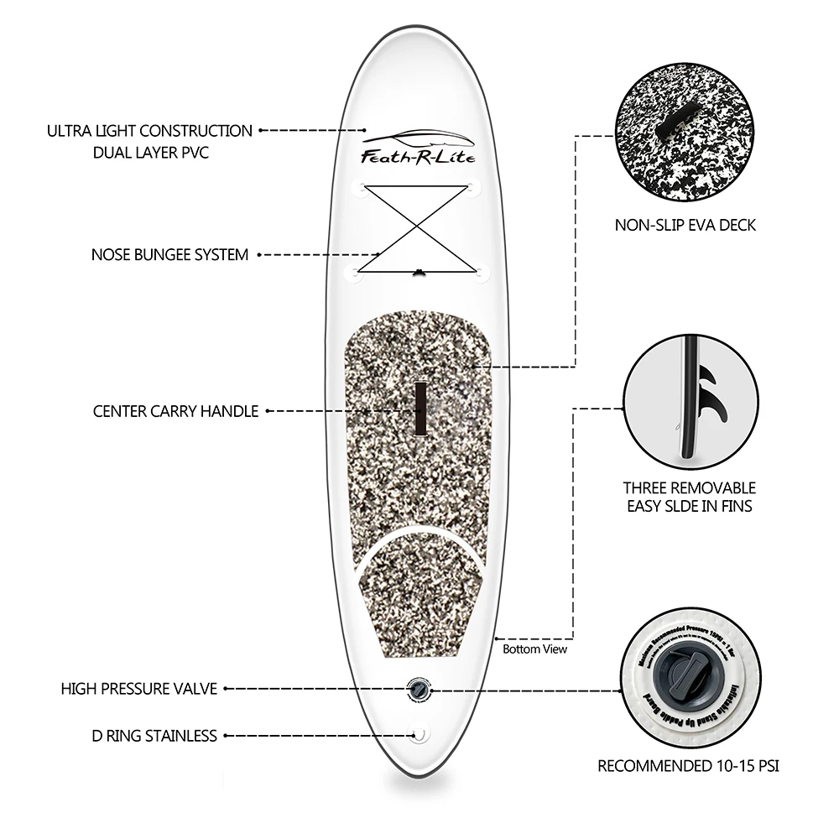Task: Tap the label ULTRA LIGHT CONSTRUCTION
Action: [149, 131]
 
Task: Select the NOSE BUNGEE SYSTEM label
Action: [169, 254]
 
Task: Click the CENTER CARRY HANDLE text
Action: [175, 411]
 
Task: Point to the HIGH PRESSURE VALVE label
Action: [139, 689]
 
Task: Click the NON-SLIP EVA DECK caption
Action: [685, 225]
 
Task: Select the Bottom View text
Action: [534, 649]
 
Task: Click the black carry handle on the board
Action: [420, 408]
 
